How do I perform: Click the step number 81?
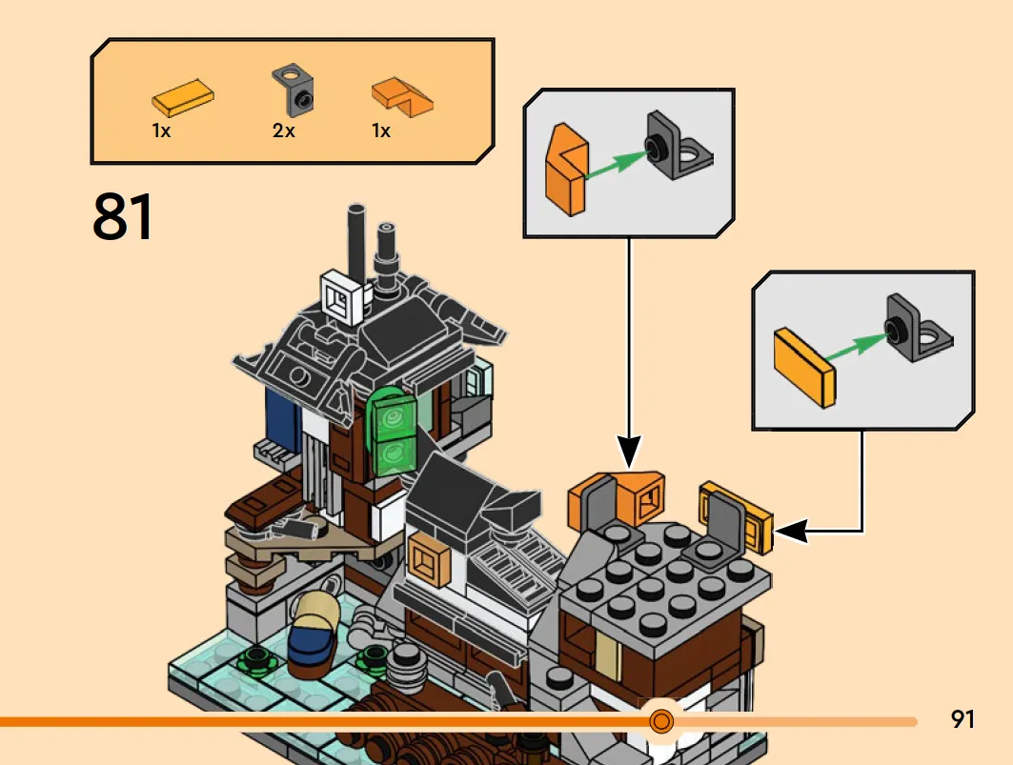[x=123, y=216]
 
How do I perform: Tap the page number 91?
[x=962, y=719]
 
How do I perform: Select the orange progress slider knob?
[x=661, y=720]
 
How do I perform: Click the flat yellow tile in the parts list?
[x=183, y=98]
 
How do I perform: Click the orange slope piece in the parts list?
[x=402, y=97]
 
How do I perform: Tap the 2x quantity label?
[x=284, y=131]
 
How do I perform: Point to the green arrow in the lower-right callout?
[x=857, y=348]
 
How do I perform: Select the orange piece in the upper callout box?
[x=567, y=170]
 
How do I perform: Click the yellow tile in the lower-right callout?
[x=804, y=368]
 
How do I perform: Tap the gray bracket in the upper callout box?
[x=679, y=146]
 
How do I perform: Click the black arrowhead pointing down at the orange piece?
[x=629, y=451]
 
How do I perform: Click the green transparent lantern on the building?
[x=393, y=432]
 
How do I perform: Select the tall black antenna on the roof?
[x=356, y=246]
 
